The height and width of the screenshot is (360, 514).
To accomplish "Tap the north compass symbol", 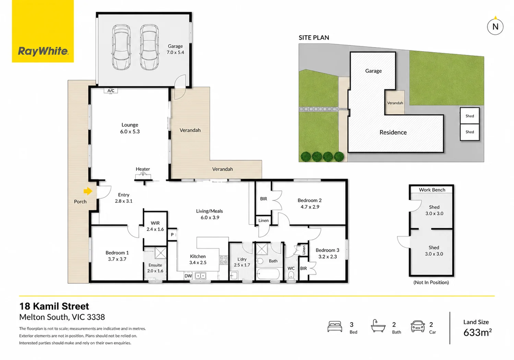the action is tap(495, 26).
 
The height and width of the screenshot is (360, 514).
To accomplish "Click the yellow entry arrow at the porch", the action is tap(88, 191).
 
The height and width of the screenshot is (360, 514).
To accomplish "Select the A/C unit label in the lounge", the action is tap(111, 91).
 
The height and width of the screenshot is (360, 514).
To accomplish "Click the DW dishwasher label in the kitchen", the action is tap(188, 276).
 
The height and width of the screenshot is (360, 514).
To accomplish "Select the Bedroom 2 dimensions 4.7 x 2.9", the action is tap(310, 207).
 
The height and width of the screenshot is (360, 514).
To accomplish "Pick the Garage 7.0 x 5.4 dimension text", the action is tap(175, 53).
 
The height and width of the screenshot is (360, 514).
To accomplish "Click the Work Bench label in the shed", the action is tap(432, 190).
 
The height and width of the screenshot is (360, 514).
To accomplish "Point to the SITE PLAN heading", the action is tap(314, 38).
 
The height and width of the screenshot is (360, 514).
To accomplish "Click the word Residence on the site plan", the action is tap(393, 132).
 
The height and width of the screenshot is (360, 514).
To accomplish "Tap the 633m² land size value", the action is tap(477, 333).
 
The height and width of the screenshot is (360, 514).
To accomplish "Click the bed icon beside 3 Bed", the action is tap(335, 327).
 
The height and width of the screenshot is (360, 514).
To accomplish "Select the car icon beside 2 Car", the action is tap(418, 326).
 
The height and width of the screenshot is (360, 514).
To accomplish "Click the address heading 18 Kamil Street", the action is tap(54, 306).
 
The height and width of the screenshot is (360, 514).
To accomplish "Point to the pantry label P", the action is tap(172, 235).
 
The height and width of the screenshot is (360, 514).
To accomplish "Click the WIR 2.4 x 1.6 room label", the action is tap(155, 226).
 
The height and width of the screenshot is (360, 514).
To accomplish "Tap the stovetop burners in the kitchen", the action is tap(224, 260).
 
